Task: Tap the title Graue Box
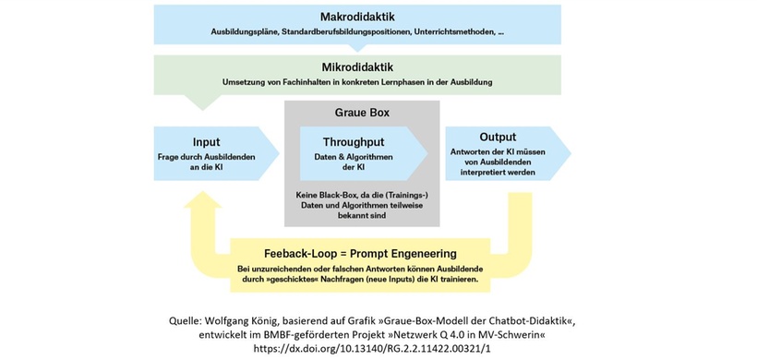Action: pos(360,114)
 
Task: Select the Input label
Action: pos(206,142)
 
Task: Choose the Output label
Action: pos(498,137)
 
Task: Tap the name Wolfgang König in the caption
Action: pos(257,318)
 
